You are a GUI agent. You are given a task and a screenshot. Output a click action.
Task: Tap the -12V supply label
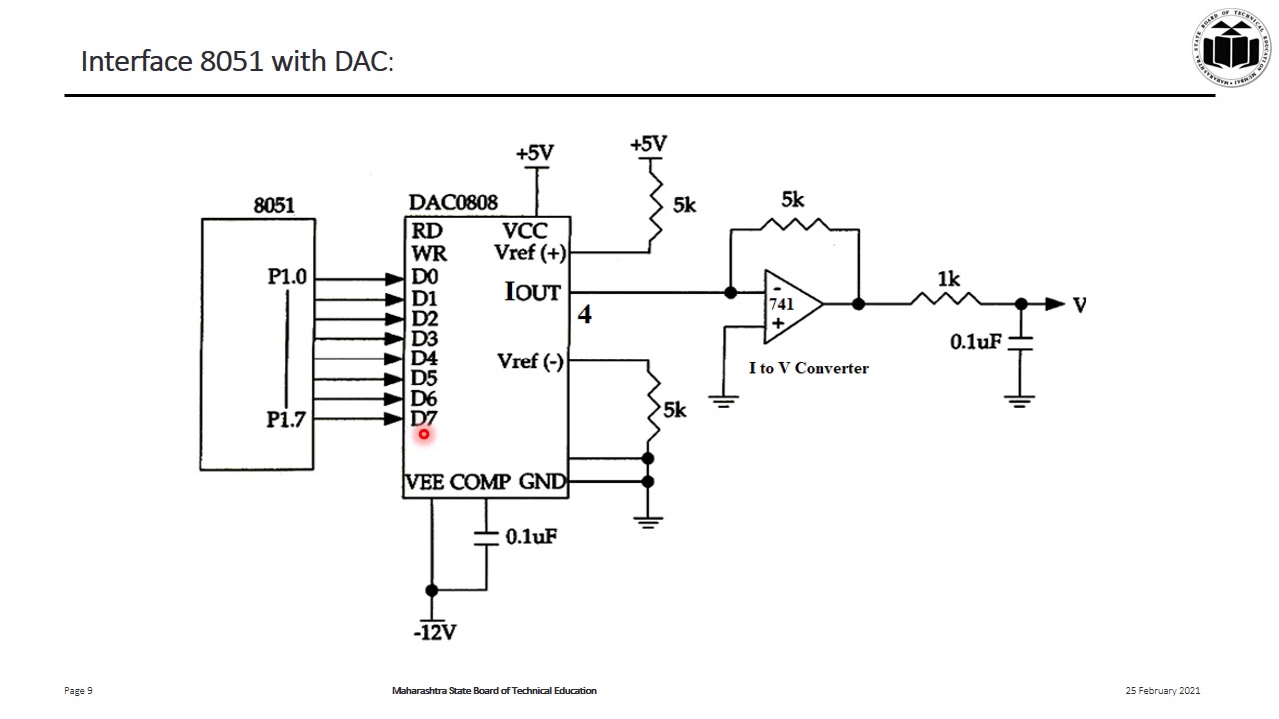[x=435, y=632]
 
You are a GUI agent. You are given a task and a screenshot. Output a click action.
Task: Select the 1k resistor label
[x=948, y=279]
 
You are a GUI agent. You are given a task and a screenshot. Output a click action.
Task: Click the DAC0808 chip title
[x=453, y=203]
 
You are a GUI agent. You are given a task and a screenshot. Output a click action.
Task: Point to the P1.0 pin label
[x=287, y=277]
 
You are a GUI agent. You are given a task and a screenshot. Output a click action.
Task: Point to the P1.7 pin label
[x=286, y=420]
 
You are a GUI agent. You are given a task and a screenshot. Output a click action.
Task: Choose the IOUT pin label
[x=533, y=292]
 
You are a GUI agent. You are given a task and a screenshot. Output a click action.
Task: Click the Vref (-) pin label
[x=530, y=361]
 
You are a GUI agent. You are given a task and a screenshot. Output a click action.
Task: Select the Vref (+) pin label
[x=530, y=253]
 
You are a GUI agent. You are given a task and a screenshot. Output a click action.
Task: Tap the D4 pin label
[x=424, y=358]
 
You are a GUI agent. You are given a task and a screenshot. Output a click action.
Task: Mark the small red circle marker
[x=424, y=434]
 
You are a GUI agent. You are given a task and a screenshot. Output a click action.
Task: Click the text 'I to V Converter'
[x=809, y=368]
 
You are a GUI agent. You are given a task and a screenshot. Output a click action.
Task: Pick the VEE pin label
[x=425, y=483]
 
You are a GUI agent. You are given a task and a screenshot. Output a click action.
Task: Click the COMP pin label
[x=480, y=483]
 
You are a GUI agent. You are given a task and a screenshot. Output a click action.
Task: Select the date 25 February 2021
[x=1162, y=691]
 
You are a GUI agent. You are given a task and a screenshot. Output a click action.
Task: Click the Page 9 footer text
[x=79, y=691]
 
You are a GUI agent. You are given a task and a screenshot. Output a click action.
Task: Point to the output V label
[x=1079, y=304]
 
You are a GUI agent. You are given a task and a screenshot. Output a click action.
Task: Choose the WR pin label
[x=429, y=254]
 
